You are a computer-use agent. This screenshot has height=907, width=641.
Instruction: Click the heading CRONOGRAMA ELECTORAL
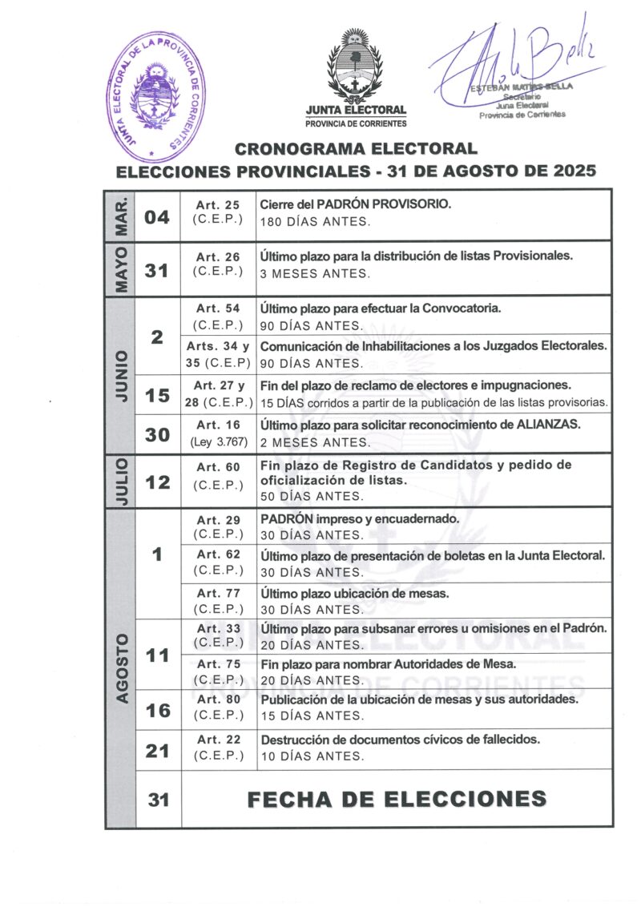356,148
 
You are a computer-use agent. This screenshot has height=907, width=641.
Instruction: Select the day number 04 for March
157,216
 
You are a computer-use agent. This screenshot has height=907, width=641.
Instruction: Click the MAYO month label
119,269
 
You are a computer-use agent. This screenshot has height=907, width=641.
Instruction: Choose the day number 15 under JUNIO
157,394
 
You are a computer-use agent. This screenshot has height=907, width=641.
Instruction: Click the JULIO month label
119,481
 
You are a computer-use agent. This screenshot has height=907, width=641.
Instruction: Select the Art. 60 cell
218,475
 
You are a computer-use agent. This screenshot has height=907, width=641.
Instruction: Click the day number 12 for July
157,482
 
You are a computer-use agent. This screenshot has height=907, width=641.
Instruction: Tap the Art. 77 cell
218,601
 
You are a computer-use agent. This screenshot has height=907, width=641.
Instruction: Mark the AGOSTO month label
119,668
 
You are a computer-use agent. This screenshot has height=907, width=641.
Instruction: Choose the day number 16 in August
157,710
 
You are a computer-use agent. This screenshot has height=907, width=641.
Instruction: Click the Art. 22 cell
218,747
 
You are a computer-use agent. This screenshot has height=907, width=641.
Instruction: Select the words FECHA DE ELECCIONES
397,799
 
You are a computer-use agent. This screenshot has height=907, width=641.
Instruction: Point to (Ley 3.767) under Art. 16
218,441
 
